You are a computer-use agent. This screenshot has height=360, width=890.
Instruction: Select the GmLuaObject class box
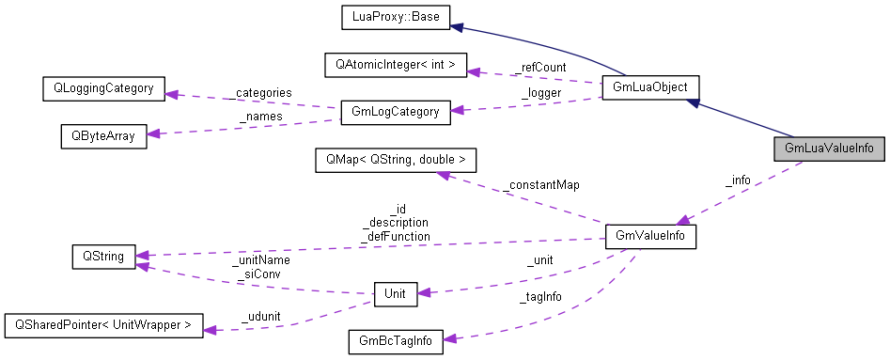[x=649, y=87]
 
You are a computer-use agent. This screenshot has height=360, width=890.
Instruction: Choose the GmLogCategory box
[x=395, y=112]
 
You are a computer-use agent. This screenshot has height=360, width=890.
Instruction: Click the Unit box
[x=395, y=294]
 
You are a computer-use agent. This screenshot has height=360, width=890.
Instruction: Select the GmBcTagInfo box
[x=395, y=341]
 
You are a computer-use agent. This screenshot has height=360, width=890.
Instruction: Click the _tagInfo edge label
[x=541, y=298]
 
